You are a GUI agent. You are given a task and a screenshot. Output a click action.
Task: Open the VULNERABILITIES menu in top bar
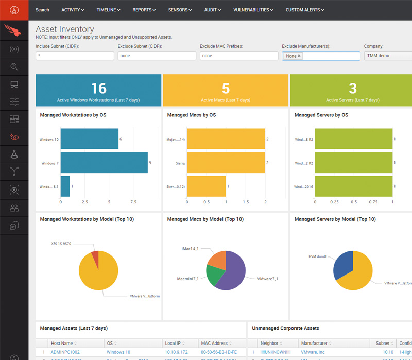(x=253, y=10)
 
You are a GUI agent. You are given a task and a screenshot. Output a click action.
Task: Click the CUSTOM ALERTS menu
(x=305, y=10)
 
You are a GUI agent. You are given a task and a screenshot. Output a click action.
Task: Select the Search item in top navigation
(x=42, y=10)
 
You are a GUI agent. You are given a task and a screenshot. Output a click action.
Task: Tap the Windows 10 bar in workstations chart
(x=89, y=139)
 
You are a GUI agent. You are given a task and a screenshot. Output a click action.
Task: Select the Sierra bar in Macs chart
(x=226, y=163)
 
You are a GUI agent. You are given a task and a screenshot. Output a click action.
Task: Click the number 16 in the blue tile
(x=98, y=88)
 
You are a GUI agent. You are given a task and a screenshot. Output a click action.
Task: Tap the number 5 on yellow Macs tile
(x=226, y=88)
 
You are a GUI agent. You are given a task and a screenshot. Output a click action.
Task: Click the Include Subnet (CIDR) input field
(x=74, y=56)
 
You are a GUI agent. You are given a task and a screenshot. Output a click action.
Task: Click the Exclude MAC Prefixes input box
(x=237, y=56)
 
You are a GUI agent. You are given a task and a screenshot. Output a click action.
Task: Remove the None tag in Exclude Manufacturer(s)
(x=299, y=56)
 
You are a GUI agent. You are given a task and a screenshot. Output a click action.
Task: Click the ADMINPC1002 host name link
(x=66, y=352)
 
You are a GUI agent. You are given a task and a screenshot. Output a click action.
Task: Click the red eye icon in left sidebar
(x=14, y=137)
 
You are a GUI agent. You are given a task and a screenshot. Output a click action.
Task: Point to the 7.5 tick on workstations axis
(x=133, y=202)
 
